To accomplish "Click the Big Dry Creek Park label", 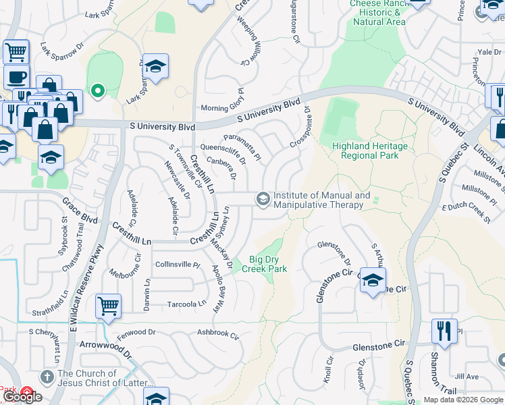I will click(x=268, y=264).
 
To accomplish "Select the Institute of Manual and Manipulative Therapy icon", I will click(x=262, y=198).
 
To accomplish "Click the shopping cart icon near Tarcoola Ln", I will click(x=108, y=305).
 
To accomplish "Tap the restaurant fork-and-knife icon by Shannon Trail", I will click(x=444, y=331).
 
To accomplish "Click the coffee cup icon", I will click(x=16, y=76).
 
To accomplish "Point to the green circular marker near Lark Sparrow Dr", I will click(x=97, y=90).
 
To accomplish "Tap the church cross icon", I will click(x=47, y=376).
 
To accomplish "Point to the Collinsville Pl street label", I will click(x=178, y=265).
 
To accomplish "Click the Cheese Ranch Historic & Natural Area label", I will click(x=378, y=12).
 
